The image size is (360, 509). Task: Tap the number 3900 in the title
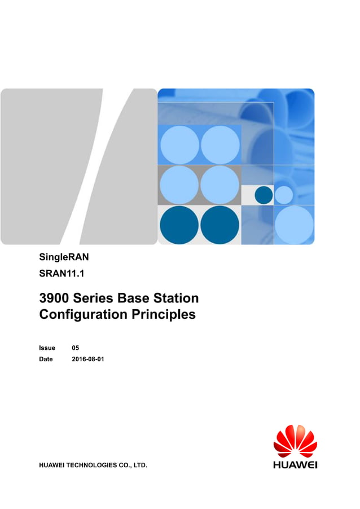click(55, 298)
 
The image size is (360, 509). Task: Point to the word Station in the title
click(175, 298)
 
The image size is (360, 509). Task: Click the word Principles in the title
click(163, 314)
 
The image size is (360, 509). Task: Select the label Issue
click(47, 348)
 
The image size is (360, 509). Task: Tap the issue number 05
click(76, 348)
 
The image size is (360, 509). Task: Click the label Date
click(46, 359)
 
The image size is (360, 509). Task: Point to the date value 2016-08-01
click(88, 359)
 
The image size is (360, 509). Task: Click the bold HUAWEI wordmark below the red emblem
click(295, 465)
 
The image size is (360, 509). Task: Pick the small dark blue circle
click(264, 195)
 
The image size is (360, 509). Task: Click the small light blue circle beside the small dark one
click(284, 195)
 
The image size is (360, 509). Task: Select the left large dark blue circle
click(179, 225)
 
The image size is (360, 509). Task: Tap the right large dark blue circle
click(219, 225)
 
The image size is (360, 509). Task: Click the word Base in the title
click(133, 298)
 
